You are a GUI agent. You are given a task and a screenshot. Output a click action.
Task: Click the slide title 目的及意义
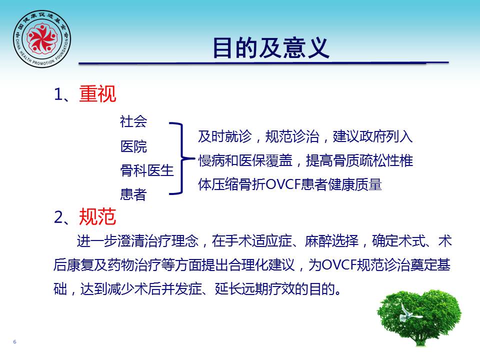pyautogui.click(x=271, y=48)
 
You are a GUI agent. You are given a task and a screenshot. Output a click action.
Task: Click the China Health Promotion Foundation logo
pyautogui.click(x=42, y=39)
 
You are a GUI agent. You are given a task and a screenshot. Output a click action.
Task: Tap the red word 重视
pyautogui.click(x=97, y=93)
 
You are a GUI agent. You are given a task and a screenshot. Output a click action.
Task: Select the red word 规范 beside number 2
pyautogui.click(x=97, y=216)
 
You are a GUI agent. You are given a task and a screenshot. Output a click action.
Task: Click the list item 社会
pyautogui.click(x=133, y=121)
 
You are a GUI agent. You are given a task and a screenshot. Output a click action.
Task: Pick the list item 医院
pyautogui.click(x=133, y=146)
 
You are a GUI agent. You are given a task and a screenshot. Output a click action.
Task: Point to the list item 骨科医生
pyautogui.click(x=147, y=170)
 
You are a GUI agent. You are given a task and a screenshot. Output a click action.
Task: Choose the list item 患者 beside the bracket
pyautogui.click(x=133, y=194)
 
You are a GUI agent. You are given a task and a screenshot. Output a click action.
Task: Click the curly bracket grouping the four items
pyautogui.click(x=182, y=158)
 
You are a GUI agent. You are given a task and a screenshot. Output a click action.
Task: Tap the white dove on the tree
pyautogui.click(x=409, y=313)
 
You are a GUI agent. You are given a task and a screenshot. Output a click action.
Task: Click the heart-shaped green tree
pyautogui.click(x=419, y=317)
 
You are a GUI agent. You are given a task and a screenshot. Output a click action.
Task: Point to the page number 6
pyautogui.click(x=14, y=341)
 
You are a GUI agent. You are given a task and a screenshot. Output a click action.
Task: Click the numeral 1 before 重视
pyautogui.click(x=58, y=94)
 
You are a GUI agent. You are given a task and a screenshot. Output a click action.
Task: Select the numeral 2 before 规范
pyautogui.click(x=58, y=217)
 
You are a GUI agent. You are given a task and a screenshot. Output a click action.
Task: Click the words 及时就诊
pyautogui.click(x=225, y=136)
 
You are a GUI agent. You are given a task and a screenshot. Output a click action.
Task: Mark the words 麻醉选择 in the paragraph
pyautogui.click(x=331, y=241)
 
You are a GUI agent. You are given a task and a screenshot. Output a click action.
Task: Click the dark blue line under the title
pyautogui.click(x=263, y=63)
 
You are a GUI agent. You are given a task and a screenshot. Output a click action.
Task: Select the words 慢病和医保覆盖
pyautogui.click(x=245, y=160)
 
